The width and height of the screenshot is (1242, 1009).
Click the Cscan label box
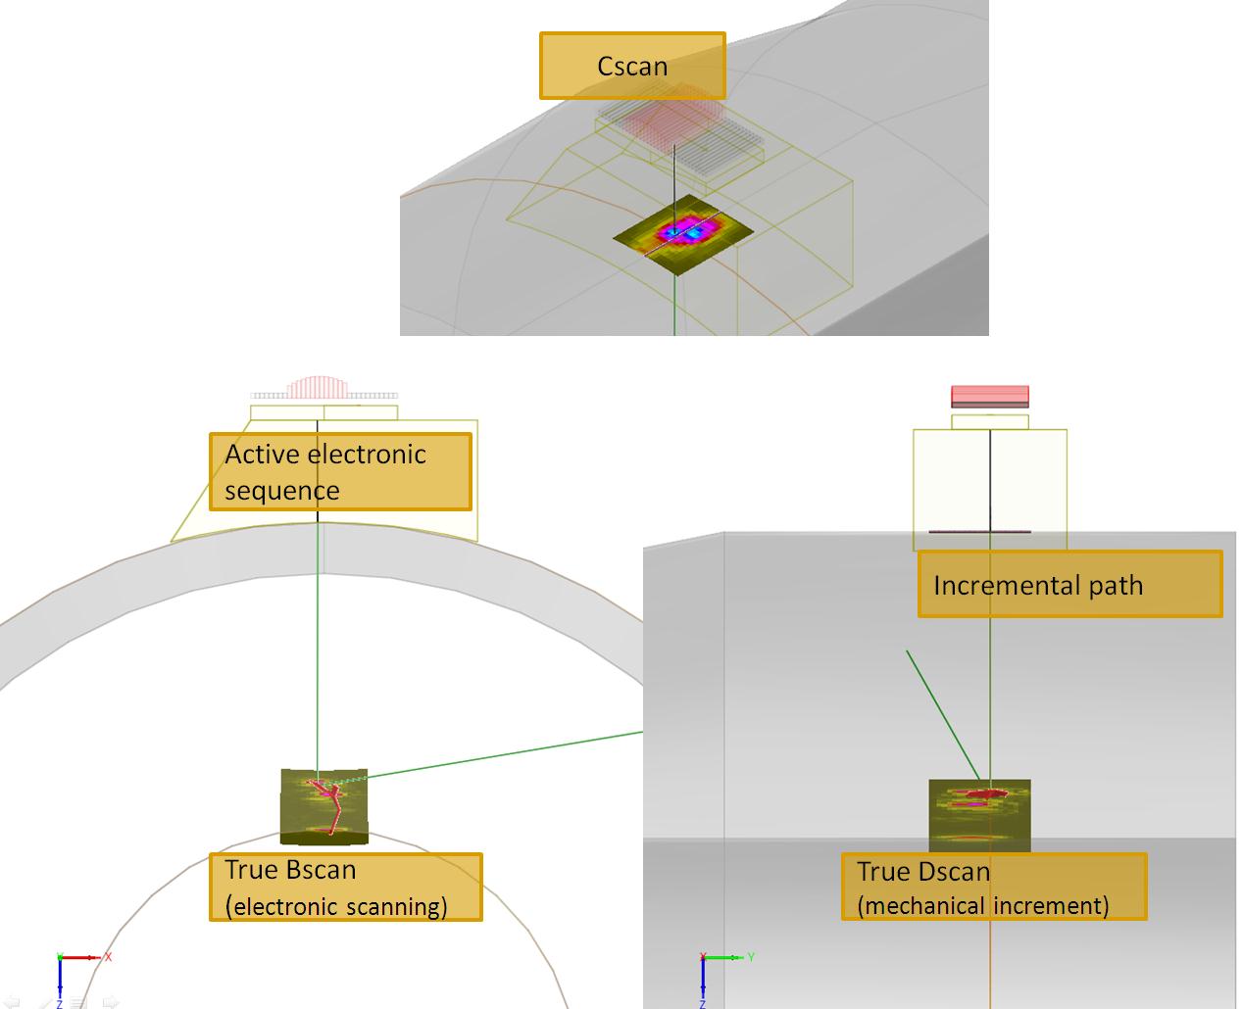point(632,66)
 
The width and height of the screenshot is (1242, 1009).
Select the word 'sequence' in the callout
point(282,491)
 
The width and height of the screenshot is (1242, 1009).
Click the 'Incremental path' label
point(1038,586)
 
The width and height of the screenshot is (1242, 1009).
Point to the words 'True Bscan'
point(290,870)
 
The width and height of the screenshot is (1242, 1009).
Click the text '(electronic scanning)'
point(336,906)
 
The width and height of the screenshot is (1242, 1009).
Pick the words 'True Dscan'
point(923,872)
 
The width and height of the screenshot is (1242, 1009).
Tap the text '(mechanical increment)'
point(983,906)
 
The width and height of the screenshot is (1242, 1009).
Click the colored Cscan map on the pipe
point(683,235)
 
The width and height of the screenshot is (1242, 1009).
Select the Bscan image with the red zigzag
point(324,807)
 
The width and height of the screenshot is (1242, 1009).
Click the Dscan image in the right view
point(979,816)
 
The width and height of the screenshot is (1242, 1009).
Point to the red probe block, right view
point(989,396)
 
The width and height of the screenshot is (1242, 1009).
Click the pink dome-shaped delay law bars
point(318,387)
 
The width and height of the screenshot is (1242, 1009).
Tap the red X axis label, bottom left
point(108,957)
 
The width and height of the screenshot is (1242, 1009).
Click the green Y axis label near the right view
point(751,956)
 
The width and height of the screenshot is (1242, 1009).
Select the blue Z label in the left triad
point(59,1004)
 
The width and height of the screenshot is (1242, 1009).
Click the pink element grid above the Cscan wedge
point(671,114)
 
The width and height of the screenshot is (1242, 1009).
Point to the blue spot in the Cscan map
point(694,234)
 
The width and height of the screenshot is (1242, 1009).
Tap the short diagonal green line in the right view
point(943,715)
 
